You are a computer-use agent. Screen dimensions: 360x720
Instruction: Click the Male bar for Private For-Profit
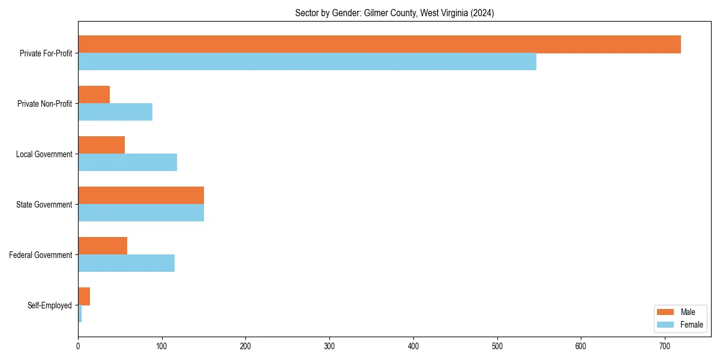pos(379,44)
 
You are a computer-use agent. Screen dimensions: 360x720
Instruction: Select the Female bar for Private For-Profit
pos(307,62)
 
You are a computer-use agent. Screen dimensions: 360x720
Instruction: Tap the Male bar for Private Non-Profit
pos(94,95)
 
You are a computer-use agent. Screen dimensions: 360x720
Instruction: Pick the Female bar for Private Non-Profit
pos(115,112)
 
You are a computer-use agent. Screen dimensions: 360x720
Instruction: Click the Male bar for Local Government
pos(101,145)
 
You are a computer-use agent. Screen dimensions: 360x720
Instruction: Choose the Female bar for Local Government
pos(127,163)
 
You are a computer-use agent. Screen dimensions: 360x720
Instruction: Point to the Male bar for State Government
pos(141,196)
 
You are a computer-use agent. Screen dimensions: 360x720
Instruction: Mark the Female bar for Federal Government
pos(126,263)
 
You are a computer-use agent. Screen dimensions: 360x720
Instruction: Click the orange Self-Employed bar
pos(84,296)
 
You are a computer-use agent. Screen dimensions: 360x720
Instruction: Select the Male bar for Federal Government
pos(103,246)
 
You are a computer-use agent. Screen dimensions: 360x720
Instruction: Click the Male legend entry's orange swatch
pos(666,312)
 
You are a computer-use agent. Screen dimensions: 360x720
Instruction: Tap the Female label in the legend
pos(691,325)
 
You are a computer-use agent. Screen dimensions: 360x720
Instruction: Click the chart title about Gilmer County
pos(394,13)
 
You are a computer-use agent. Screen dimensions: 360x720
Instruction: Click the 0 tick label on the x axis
pos(78,346)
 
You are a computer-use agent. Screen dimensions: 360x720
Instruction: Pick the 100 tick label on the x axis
pos(162,346)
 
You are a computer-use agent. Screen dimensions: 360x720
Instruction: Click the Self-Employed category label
pos(50,305)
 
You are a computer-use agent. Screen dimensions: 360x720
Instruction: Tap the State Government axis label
pos(44,205)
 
